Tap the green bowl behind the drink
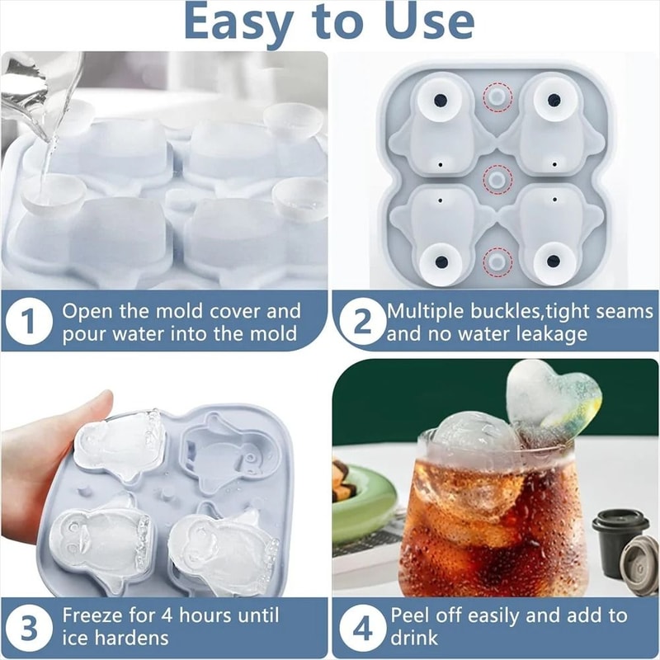(x=363, y=503)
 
